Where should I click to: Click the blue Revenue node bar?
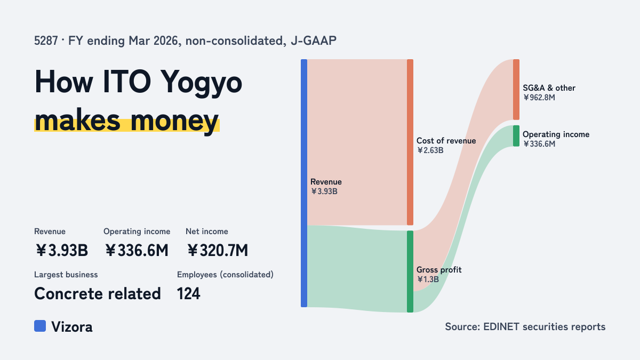tap(304, 183)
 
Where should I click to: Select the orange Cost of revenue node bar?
tap(410, 142)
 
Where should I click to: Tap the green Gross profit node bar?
tap(410, 271)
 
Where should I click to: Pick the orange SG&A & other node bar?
tap(516, 90)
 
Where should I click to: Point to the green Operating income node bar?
tap(516, 136)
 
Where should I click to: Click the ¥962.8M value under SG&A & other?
tap(539, 98)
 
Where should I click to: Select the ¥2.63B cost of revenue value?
tap(430, 150)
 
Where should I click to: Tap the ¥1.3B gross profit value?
tap(428, 279)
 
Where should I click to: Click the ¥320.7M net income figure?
tap(218, 250)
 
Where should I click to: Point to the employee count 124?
tap(189, 293)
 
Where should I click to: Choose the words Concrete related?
tap(98, 293)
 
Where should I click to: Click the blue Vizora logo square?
tap(40, 326)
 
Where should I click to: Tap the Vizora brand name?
tap(72, 327)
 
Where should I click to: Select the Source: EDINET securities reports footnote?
tap(525, 326)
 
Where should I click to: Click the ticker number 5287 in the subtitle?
tap(46, 41)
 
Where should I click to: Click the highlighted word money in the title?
tap(174, 121)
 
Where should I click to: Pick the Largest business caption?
tap(66, 275)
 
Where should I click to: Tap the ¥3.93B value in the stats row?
tap(61, 250)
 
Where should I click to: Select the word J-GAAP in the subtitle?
tap(314, 41)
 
